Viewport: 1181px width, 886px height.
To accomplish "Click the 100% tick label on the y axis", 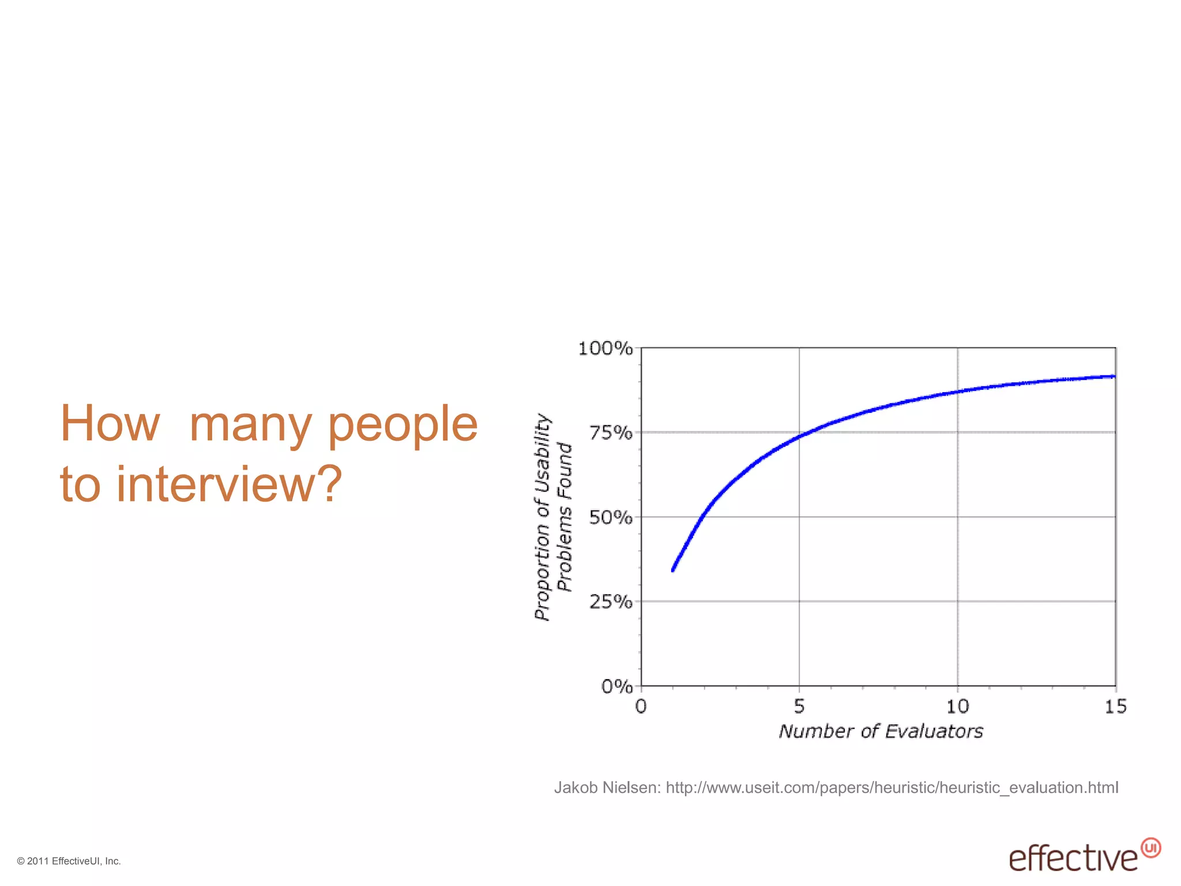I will tap(605, 348).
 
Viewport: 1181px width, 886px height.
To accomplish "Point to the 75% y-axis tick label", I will tap(610, 433).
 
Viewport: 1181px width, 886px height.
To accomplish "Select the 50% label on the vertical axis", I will tap(610, 517).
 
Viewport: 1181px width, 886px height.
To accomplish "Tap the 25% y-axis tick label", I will tap(610, 602).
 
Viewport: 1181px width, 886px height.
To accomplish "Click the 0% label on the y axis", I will tap(616, 686).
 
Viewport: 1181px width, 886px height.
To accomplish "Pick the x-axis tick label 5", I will tap(799, 706).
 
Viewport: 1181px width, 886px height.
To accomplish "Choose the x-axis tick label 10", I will tap(957, 706).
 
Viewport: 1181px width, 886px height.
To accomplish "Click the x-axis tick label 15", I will tap(1115, 706).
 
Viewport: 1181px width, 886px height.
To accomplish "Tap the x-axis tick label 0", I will tap(641, 706).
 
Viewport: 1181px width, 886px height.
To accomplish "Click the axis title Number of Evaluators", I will tap(881, 731).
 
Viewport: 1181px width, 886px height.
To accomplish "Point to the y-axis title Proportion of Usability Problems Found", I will tap(552, 517).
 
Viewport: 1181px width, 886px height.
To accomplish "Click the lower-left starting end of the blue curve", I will tap(673, 570).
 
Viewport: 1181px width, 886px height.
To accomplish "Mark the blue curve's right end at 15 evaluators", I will tap(1114, 377).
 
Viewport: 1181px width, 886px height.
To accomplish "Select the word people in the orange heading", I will tap(403, 423).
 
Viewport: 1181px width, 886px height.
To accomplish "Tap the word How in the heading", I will tap(110, 423).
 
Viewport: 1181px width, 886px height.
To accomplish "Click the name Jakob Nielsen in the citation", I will tap(606, 787).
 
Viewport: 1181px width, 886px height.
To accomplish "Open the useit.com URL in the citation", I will tap(892, 787).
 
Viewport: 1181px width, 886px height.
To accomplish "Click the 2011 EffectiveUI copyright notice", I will tap(69, 861).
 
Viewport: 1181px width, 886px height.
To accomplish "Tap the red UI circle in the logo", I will tap(1150, 848).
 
